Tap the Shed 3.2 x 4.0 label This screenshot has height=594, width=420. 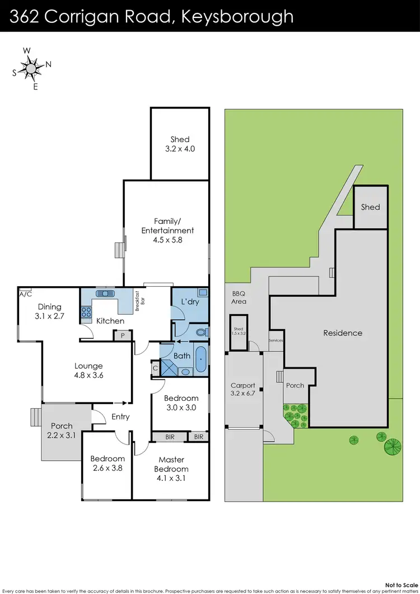coord(180,144)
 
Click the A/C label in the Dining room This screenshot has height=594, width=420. coord(25,293)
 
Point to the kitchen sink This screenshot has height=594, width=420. coord(105,293)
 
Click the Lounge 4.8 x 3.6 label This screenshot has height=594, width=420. coord(88,371)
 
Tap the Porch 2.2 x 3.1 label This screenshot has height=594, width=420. coord(62,431)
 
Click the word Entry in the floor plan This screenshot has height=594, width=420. coord(120,417)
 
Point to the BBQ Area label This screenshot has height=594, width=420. coord(239,297)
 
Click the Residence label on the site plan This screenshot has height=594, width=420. coord(343,333)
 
